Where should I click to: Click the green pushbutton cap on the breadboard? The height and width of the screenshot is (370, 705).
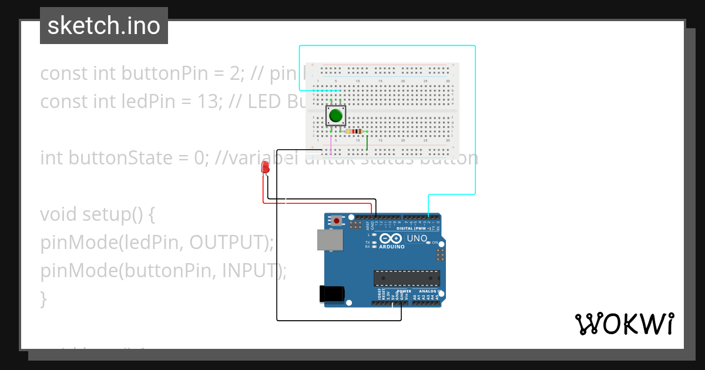pos(335,116)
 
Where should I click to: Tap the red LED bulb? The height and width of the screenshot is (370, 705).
pos(266,167)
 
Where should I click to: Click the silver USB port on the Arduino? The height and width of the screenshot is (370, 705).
pos(330,240)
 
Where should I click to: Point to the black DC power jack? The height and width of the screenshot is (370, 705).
pos(330,294)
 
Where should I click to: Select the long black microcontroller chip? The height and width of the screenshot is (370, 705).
pos(407,278)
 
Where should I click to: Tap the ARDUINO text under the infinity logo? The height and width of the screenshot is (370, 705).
pos(391,247)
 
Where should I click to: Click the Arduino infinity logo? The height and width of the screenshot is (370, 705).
pos(391,238)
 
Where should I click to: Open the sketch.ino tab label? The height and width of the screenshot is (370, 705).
pos(104,26)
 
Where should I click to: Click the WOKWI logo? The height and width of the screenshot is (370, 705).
pos(624,324)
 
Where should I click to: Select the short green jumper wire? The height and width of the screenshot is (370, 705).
pos(367,142)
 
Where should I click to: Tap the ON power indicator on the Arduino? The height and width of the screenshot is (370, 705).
pos(435,243)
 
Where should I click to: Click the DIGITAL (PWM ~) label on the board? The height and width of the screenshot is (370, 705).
pos(420,228)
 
